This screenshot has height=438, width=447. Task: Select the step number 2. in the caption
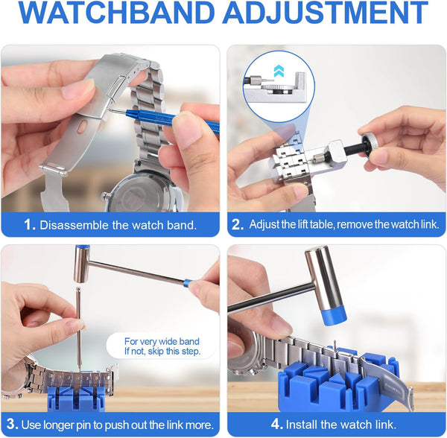tap(238, 224)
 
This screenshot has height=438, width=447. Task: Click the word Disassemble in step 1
tap(75, 224)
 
